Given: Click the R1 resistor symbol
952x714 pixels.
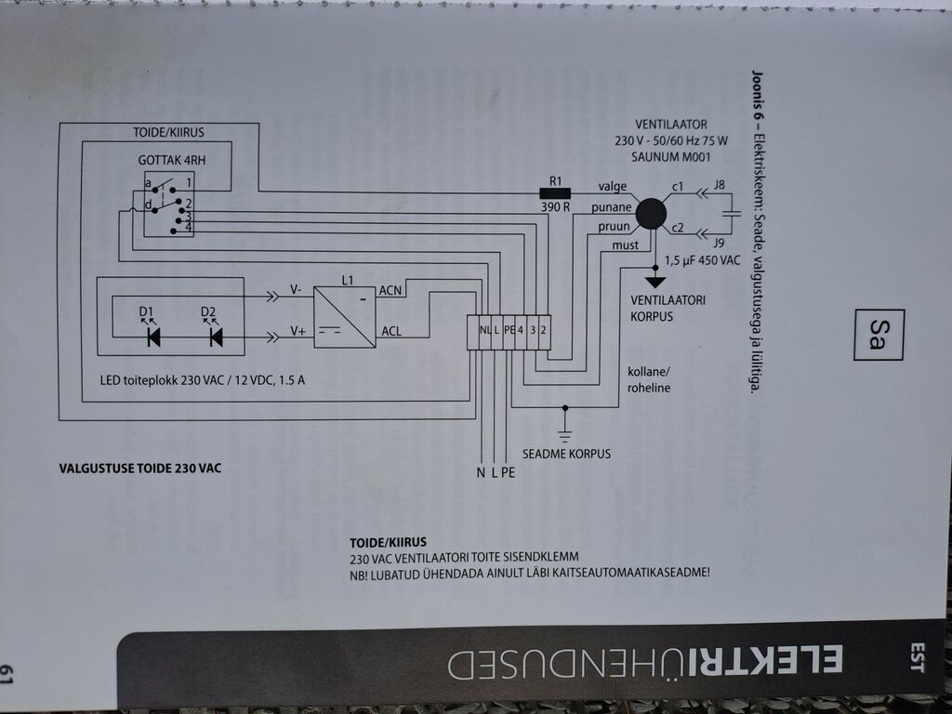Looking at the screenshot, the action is [x=555, y=193].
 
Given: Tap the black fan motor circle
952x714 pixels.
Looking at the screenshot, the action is [x=651, y=213].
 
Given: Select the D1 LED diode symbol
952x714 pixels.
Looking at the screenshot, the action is [x=153, y=337].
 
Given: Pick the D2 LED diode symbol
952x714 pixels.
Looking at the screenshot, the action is [x=216, y=337].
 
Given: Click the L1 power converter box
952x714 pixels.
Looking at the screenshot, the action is [x=344, y=317].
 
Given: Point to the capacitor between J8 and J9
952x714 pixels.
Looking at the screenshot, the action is [x=733, y=214].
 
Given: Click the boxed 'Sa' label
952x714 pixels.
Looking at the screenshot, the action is [x=879, y=335].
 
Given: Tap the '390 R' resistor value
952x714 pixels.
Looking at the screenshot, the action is [x=555, y=207].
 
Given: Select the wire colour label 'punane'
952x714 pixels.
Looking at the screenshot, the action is [x=612, y=207].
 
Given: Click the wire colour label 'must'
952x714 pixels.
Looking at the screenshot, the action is [x=625, y=245].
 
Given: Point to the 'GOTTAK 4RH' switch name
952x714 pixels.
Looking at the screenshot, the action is [x=172, y=160].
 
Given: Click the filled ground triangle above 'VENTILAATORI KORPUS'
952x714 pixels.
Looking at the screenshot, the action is [x=655, y=283].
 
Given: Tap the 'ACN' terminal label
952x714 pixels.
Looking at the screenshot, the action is [x=390, y=291].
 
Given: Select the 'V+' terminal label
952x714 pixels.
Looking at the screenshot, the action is [x=297, y=331].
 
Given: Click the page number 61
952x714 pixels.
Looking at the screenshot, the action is [x=7, y=674].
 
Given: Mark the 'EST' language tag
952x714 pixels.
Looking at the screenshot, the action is [x=916, y=657].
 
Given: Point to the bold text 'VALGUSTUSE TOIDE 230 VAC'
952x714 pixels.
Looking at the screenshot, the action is [x=140, y=469].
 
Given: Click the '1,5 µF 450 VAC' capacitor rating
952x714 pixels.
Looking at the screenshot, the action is [x=703, y=260].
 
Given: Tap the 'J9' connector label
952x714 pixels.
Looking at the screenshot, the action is [x=719, y=243].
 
